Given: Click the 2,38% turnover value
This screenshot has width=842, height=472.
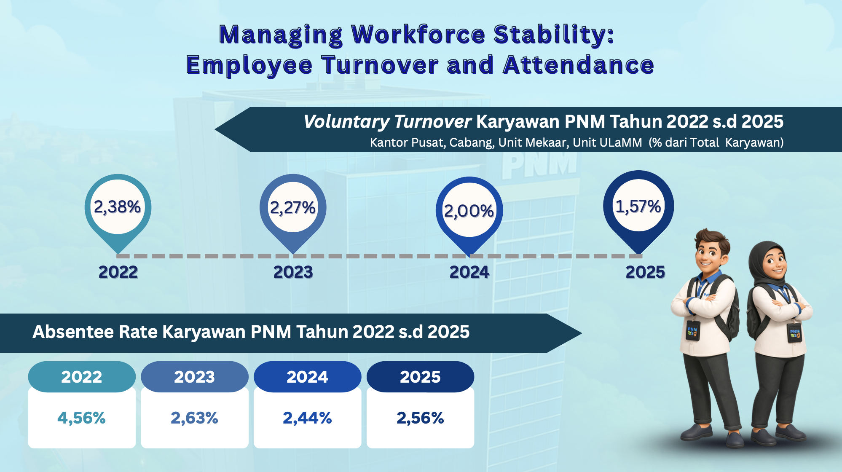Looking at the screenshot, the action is [x=117, y=207].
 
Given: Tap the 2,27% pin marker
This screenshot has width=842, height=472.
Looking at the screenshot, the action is [x=293, y=213].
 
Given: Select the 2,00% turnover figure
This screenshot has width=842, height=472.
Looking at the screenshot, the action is [x=469, y=211].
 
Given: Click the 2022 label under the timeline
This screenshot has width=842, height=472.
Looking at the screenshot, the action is [x=118, y=272].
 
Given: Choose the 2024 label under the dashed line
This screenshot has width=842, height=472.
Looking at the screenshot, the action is [x=469, y=272].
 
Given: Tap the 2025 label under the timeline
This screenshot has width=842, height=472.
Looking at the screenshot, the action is [x=645, y=272].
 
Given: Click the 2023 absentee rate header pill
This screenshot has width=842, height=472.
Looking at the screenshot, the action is [x=195, y=377].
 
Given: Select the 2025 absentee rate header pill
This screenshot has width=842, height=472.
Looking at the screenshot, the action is [x=420, y=377].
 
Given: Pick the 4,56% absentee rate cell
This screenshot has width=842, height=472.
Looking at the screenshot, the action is [x=82, y=418].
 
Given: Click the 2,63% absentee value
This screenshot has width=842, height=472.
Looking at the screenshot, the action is [x=194, y=418].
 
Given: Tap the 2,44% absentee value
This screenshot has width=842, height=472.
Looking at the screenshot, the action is [x=307, y=418].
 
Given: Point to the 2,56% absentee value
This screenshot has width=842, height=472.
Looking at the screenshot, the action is [x=420, y=418].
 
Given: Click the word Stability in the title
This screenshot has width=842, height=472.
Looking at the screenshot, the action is [x=554, y=35].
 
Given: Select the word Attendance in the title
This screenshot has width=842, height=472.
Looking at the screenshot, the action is [x=579, y=65].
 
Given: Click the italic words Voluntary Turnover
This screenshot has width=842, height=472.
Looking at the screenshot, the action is [x=387, y=122].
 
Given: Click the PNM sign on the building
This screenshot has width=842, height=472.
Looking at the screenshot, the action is [x=539, y=164].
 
